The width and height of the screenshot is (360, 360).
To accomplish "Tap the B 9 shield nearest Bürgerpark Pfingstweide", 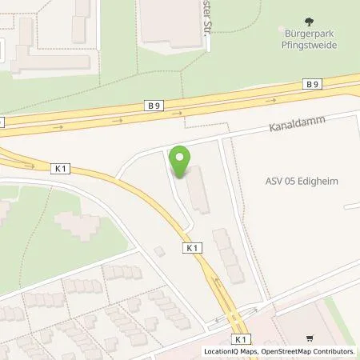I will pos(311,83).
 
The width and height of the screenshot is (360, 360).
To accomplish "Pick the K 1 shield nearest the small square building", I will pos(192,248).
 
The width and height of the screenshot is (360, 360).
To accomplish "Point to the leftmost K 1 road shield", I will pos(61,168).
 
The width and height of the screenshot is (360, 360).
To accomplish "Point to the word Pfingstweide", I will pos(309,46).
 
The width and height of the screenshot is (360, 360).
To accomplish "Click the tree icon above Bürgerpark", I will pos(309,22).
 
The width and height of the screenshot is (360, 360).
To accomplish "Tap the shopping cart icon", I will pos(310,339).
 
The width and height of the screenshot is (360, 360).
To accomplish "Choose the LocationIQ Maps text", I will pos(229,351).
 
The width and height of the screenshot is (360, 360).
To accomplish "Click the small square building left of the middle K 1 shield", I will pos(160,251).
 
